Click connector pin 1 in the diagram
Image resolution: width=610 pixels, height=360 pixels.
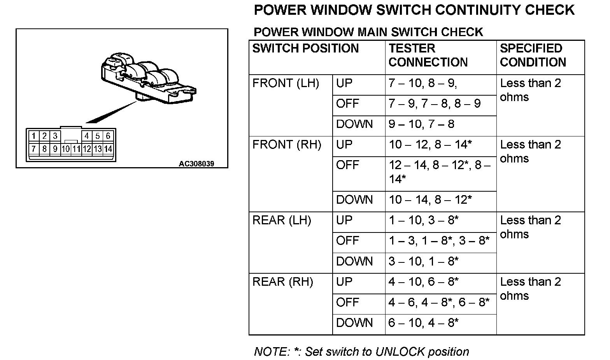click(34, 136)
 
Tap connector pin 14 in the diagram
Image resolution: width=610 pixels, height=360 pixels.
click(108, 149)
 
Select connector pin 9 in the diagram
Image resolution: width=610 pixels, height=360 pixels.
click(55, 149)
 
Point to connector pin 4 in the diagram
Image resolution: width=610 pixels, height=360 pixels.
click(86, 136)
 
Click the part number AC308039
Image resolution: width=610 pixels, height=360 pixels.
click(196, 164)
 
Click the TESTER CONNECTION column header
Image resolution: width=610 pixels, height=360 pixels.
click(428, 55)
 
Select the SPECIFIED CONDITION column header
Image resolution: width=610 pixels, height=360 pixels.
click(533, 55)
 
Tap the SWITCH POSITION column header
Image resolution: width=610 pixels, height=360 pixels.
click(305, 49)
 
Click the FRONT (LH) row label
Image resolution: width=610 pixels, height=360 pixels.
click(286, 83)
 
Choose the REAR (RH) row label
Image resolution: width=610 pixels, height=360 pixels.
click(283, 282)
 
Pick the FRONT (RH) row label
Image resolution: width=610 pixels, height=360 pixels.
click(287, 145)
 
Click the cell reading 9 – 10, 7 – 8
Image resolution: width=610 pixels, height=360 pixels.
click(421, 124)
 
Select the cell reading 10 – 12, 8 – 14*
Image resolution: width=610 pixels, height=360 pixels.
click(430, 145)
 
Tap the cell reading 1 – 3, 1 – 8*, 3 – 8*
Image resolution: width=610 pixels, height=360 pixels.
click(439, 241)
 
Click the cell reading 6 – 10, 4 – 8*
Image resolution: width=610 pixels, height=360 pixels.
click(423, 323)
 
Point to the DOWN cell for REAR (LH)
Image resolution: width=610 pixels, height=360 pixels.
click(354, 262)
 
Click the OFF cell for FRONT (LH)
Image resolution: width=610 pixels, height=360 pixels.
click(347, 104)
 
